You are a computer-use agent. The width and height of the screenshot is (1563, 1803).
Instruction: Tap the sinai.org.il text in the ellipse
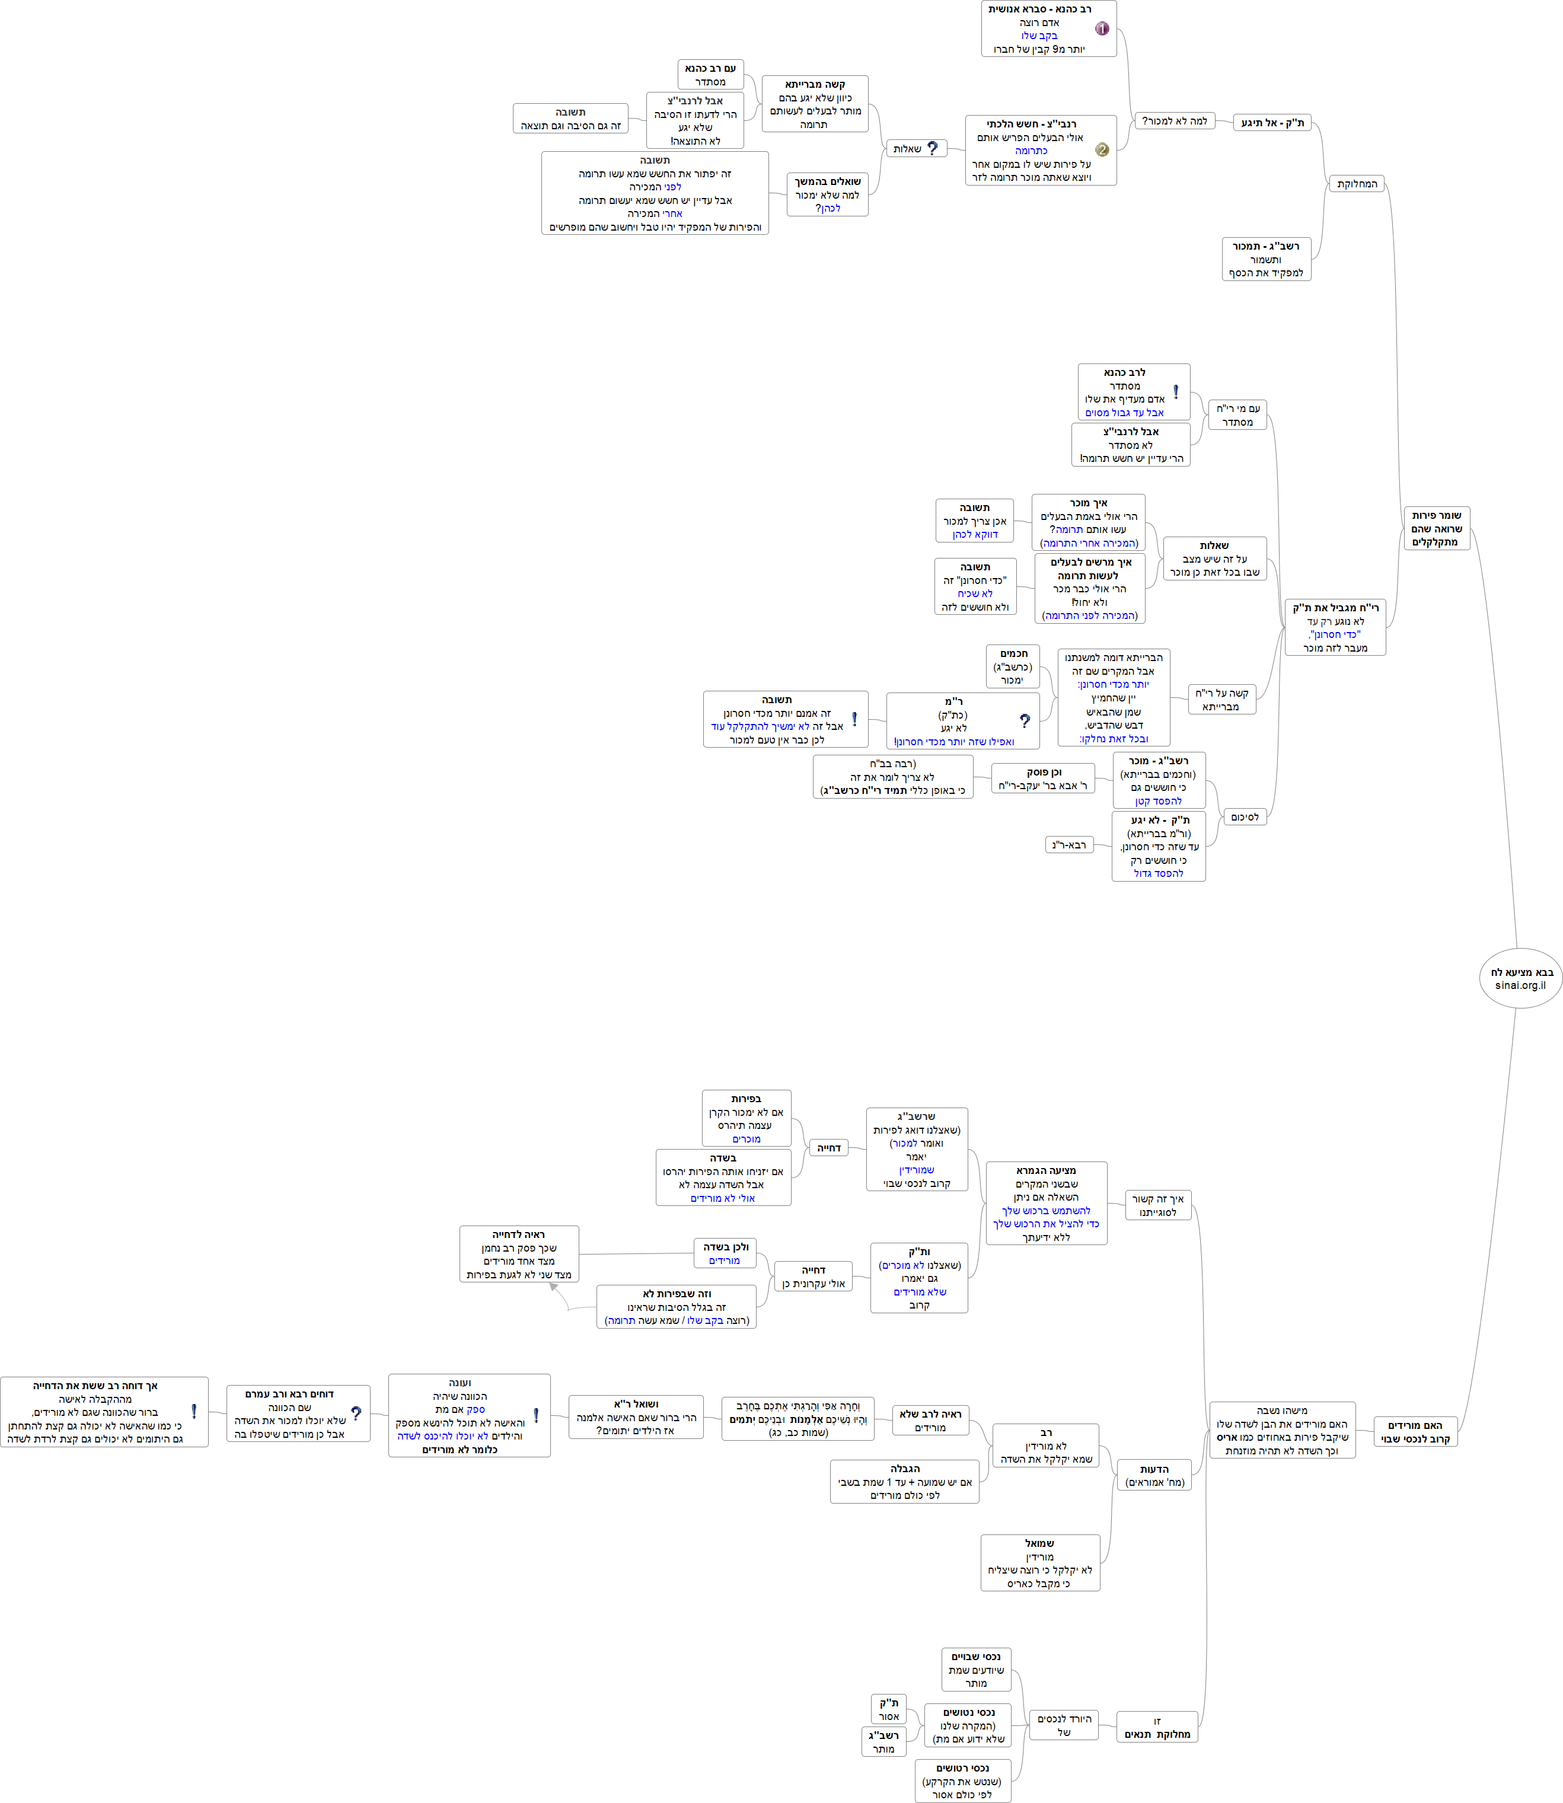(x=1520, y=985)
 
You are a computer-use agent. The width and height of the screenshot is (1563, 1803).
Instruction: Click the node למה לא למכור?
(x=1174, y=121)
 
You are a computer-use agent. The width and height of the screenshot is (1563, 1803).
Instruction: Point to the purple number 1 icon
(x=1102, y=29)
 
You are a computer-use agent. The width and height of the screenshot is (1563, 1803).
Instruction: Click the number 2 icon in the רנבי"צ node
(x=1102, y=149)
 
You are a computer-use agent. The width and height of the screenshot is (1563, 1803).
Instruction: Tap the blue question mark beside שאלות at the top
(x=932, y=148)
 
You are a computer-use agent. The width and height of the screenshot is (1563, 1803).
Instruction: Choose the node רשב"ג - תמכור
(x=1265, y=259)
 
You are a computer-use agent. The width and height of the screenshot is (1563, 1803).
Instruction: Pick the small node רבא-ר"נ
(x=1068, y=844)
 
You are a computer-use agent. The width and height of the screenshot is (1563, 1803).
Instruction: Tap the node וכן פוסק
(x=1043, y=779)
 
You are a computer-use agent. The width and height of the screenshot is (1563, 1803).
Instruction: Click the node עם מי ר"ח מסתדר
(x=1237, y=415)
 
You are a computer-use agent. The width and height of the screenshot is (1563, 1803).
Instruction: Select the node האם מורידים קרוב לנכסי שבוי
(x=1415, y=1431)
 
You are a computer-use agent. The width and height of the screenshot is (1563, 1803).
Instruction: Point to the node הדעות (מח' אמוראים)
(x=1154, y=1475)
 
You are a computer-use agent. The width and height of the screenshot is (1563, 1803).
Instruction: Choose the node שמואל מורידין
(x=1039, y=1562)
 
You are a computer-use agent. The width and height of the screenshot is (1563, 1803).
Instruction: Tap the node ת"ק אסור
(x=889, y=1709)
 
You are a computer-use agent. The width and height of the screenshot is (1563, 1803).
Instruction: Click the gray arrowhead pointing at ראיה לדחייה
(x=554, y=1288)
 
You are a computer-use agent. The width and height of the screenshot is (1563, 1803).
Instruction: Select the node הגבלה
(x=904, y=1481)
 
